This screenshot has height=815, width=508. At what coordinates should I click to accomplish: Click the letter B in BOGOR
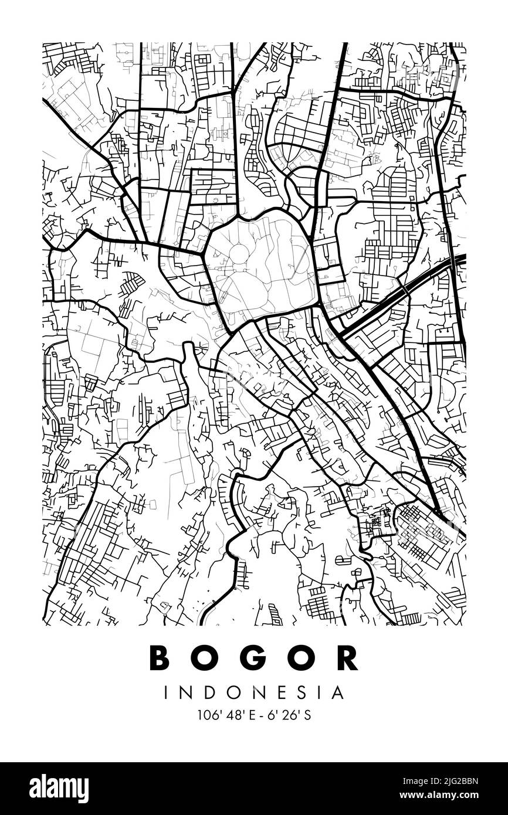pyautogui.click(x=160, y=658)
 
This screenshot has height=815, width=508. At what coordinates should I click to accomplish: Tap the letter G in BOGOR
pyautogui.click(x=254, y=658)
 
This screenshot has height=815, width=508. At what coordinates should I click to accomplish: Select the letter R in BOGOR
pyautogui.click(x=348, y=658)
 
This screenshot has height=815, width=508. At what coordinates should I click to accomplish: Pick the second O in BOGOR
pyautogui.click(x=302, y=658)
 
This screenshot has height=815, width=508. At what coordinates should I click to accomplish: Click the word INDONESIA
pyautogui.click(x=254, y=693)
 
